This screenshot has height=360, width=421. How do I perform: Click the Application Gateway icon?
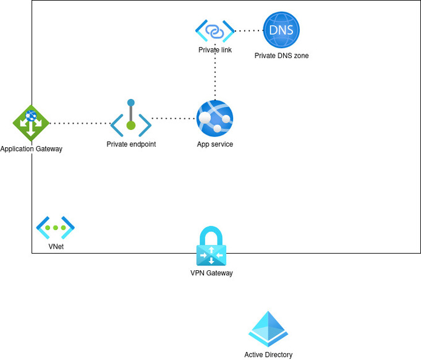point(31,123)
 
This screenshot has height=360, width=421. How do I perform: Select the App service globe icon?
point(215,119)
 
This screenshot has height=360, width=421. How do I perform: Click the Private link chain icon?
point(215,30)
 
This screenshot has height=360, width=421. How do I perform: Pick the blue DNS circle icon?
point(281,30)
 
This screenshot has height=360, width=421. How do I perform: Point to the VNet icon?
point(55,228)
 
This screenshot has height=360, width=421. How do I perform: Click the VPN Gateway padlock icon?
point(211,246)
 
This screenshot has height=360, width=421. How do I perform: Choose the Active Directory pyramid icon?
point(268,329)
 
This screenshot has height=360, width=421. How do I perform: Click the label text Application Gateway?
point(32,149)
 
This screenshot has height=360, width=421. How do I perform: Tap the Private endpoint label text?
point(131,144)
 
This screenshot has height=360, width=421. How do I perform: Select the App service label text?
point(215,144)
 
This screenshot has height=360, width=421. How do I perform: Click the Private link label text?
point(215,50)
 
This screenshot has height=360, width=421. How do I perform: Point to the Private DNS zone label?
point(281,56)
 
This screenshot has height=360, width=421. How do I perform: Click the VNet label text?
point(56,247)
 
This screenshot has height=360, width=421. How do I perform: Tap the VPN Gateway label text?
point(211,273)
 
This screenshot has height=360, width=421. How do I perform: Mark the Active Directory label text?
point(268,355)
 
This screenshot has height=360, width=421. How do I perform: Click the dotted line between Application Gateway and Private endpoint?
point(79,123)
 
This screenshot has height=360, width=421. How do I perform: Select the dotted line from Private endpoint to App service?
point(173,118)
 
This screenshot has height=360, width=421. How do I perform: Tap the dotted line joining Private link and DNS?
point(249,30)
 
